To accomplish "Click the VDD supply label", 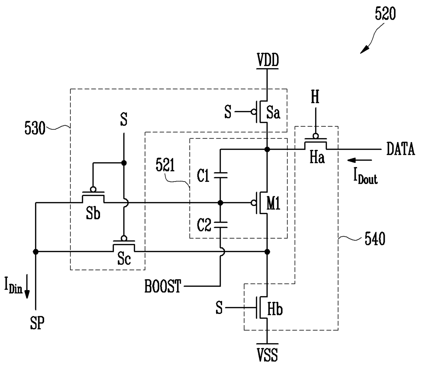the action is pyautogui.click(x=268, y=60).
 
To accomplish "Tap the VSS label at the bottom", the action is pyautogui.click(x=267, y=354).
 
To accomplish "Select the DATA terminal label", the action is pyautogui.click(x=400, y=149).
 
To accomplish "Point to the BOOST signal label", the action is pyautogui.click(x=162, y=286).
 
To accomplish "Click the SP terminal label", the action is pyautogui.click(x=37, y=323).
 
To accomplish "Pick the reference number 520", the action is pyautogui.click(x=385, y=14).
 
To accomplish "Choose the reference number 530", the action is pyautogui.click(x=35, y=128).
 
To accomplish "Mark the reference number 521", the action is pyautogui.click(x=165, y=165).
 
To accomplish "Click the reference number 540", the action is pyautogui.click(x=375, y=239).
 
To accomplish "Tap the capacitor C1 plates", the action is pyautogui.click(x=220, y=175).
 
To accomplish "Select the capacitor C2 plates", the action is pyautogui.click(x=220, y=225).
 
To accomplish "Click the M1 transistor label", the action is pyautogui.click(x=273, y=203).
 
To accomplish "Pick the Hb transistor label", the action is pyautogui.click(x=275, y=309).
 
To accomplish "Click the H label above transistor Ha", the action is pyautogui.click(x=315, y=96).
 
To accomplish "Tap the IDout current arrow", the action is pyautogui.click(x=360, y=160).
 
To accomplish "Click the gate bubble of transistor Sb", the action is pyautogui.click(x=93, y=189).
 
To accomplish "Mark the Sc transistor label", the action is pyautogui.click(x=124, y=259).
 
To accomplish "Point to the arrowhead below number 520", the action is pyautogui.click(x=364, y=50).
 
